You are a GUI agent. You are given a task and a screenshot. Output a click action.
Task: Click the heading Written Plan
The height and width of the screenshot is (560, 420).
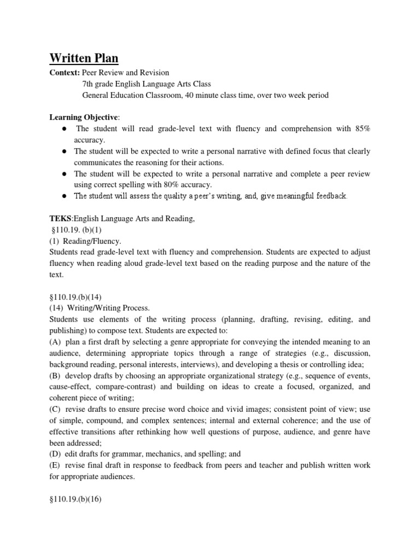84,58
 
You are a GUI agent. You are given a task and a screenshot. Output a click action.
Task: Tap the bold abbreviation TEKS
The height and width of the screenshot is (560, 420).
59,219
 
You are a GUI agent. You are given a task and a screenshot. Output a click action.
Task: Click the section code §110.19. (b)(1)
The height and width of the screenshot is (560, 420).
73,230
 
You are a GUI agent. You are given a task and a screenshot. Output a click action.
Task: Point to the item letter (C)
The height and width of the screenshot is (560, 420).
55,409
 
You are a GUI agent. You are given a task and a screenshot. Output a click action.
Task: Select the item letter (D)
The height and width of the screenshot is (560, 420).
55,453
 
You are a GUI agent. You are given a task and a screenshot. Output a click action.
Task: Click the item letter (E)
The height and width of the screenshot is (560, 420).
55,465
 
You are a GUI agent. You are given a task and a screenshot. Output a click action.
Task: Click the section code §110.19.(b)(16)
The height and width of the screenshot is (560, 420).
74,498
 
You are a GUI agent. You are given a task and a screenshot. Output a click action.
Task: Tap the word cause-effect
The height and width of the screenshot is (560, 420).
70,386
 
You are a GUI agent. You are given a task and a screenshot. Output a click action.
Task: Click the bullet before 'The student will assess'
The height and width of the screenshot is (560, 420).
65,196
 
